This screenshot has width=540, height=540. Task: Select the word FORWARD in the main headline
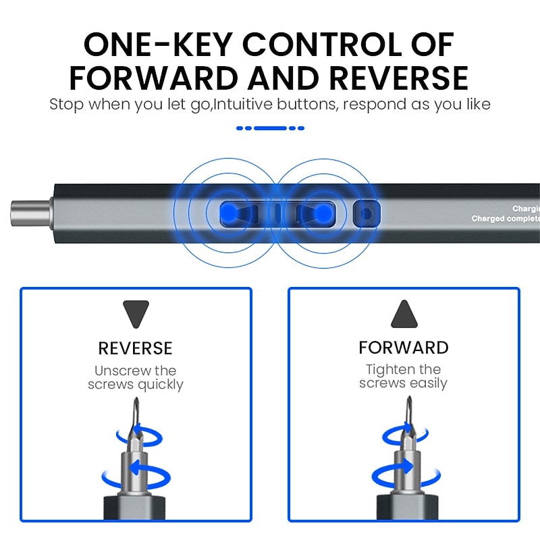(x=154, y=78)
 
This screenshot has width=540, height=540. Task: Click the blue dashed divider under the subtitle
(x=270, y=128)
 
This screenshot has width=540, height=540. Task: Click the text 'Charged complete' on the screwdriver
(x=506, y=219)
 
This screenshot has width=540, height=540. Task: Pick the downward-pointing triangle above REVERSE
(x=136, y=314)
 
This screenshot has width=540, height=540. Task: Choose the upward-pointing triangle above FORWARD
(x=404, y=314)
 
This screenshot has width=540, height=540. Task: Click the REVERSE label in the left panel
(x=136, y=348)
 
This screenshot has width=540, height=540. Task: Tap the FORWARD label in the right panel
(x=404, y=348)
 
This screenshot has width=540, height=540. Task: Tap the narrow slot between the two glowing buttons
(x=277, y=214)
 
